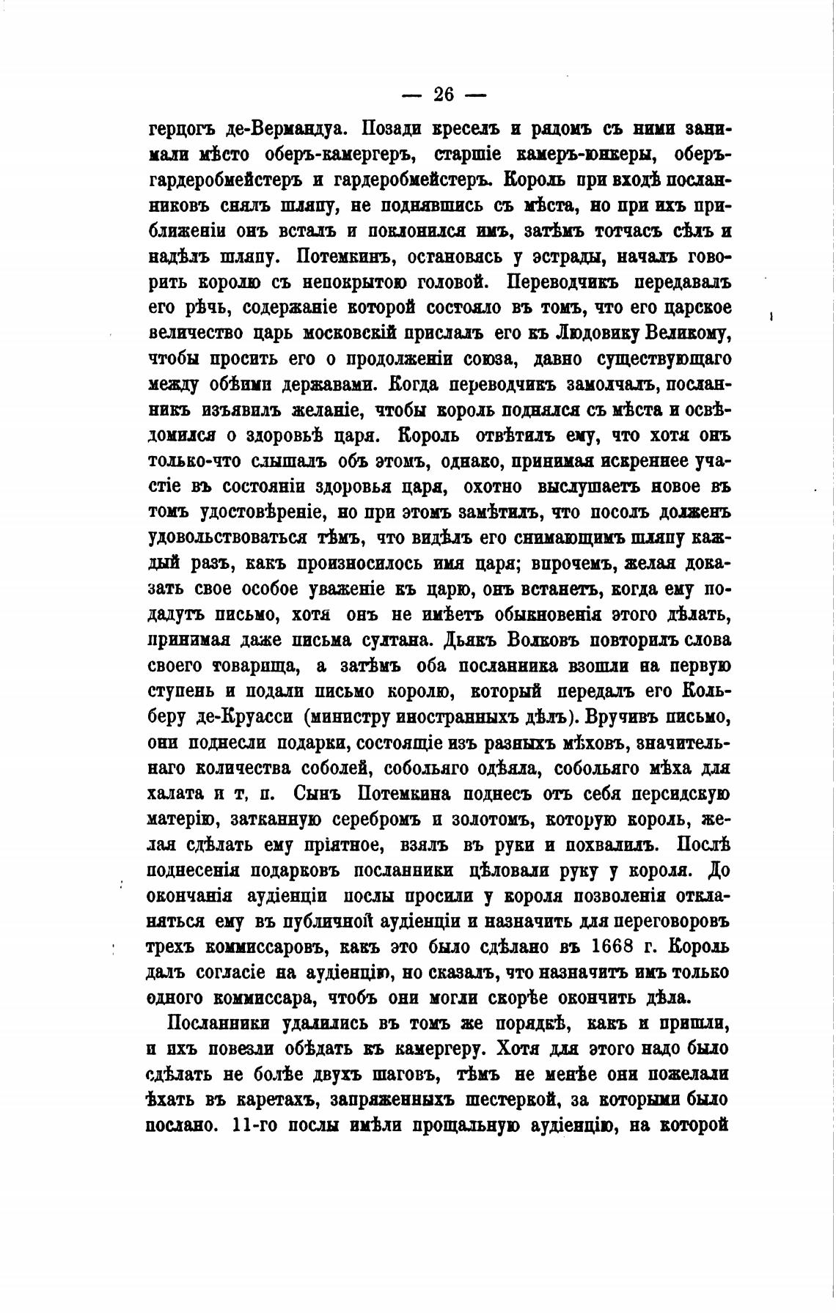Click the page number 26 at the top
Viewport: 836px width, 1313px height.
(x=444, y=95)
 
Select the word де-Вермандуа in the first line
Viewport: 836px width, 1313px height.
(x=279, y=129)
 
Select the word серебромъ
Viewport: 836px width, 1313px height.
(x=382, y=819)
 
